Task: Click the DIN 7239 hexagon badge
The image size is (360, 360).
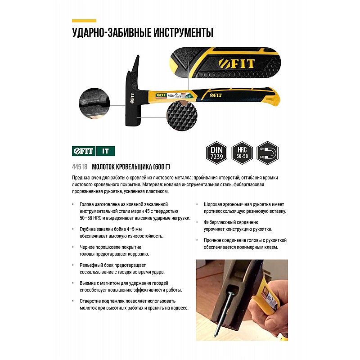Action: pyautogui.click(x=216, y=153)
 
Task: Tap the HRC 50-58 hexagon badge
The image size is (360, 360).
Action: pyautogui.click(x=242, y=153)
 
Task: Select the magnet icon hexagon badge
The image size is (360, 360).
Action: pyautogui.click(x=267, y=153)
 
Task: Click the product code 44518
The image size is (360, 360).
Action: pyautogui.click(x=80, y=166)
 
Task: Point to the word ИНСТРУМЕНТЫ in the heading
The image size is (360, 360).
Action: pyautogui.click(x=183, y=32)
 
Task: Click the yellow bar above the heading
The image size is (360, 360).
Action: pyautogui.click(x=84, y=21)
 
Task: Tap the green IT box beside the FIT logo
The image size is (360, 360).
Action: pyautogui.click(x=105, y=151)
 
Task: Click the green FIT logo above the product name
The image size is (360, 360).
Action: pyautogui.click(x=84, y=151)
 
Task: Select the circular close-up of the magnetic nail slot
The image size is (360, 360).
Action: pyautogui.click(x=94, y=103)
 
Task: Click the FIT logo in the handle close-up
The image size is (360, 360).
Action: pyautogui.click(x=237, y=63)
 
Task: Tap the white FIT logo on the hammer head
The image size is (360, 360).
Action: pyautogui.click(x=132, y=98)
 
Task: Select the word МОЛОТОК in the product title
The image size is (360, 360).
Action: pyautogui.click(x=103, y=166)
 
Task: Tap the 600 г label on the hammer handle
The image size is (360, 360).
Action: pyautogui.click(x=171, y=95)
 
